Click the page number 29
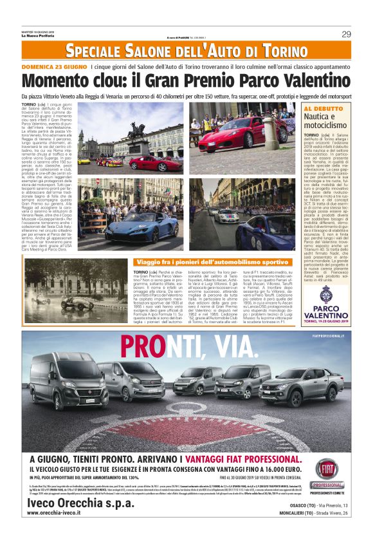tap(346, 34)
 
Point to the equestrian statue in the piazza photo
tap(137, 131)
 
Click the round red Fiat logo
tap(327, 469)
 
